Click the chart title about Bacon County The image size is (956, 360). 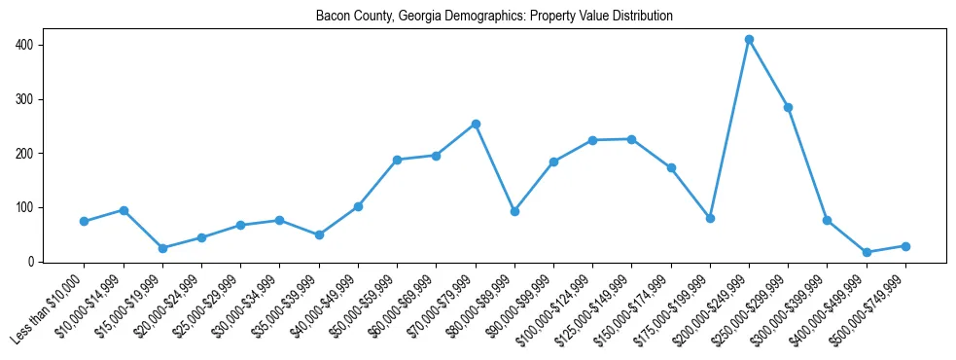tap(494, 17)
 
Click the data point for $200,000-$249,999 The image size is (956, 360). tap(749, 40)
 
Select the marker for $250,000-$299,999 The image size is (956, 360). tap(788, 107)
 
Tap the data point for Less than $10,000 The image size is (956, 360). tap(85, 222)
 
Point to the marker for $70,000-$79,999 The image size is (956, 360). tap(476, 124)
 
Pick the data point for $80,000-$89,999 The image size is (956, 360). tap(514, 211)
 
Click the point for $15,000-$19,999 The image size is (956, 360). tap(162, 248)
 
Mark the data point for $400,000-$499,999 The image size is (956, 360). tap(867, 252)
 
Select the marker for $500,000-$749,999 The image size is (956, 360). tap(905, 246)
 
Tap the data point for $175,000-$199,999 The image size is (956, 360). tap(710, 218)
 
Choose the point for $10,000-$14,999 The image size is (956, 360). tap(124, 210)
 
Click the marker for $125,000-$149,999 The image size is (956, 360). tap(631, 139)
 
